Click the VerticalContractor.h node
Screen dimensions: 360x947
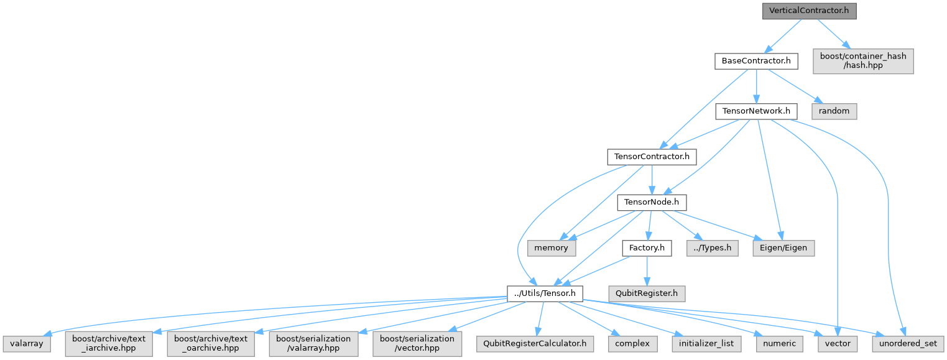click(x=809, y=11)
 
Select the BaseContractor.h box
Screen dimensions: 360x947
click(x=755, y=61)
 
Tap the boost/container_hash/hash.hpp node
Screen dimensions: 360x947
click(x=863, y=61)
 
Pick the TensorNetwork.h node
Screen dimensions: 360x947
click(x=756, y=111)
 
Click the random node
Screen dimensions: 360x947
click(x=834, y=111)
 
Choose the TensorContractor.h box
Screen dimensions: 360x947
click(x=651, y=157)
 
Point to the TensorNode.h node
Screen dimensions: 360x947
click(x=651, y=202)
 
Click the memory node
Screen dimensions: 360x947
click(x=551, y=247)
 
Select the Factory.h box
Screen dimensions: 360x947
click(x=647, y=247)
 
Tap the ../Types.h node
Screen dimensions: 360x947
click(x=713, y=247)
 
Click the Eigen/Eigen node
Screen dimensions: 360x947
click(x=783, y=247)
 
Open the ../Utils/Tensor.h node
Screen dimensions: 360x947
click(x=545, y=293)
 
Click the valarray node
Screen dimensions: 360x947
click(x=26, y=343)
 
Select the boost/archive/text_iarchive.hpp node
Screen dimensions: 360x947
click(x=108, y=343)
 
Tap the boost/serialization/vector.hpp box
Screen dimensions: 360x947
click(x=417, y=343)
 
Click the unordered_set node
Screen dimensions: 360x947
click(x=908, y=343)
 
